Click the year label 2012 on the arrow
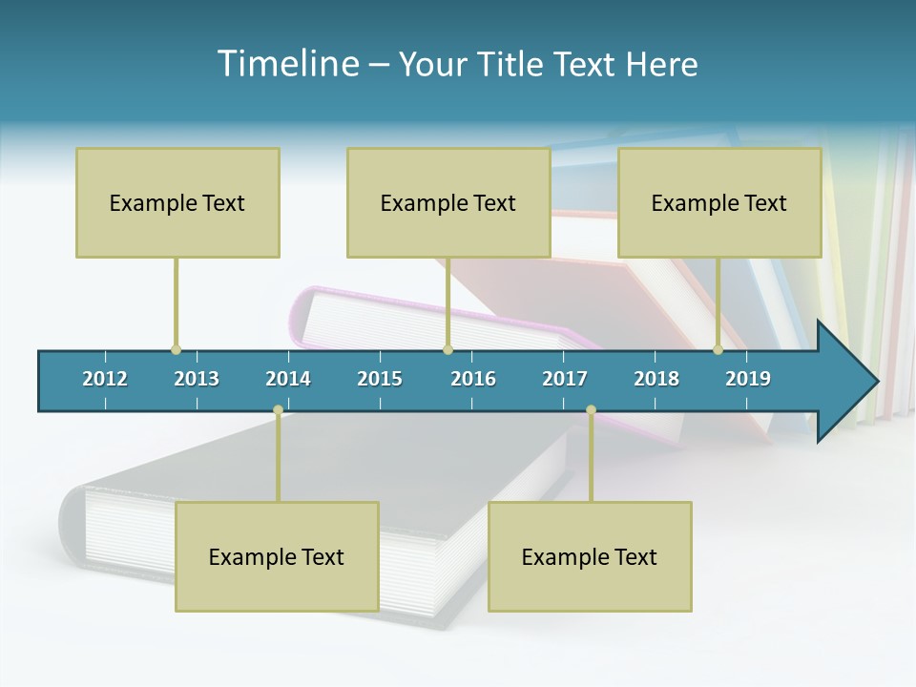tap(105, 379)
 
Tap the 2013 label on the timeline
tap(197, 379)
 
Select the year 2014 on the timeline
tap(288, 379)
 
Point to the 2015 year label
tap(380, 379)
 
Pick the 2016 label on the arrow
tap(473, 379)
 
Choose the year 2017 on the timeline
tap(565, 379)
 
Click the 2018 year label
tap(656, 379)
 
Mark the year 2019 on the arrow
tap(748, 379)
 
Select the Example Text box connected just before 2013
tap(177, 202)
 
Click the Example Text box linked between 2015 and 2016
tap(448, 202)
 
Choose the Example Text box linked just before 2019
tap(719, 202)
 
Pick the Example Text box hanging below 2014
tap(277, 556)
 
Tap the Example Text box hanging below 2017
tap(590, 556)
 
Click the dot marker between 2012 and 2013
tap(176, 350)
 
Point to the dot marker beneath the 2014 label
tap(278, 410)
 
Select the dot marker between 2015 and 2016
tap(448, 350)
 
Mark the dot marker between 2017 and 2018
tap(591, 410)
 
